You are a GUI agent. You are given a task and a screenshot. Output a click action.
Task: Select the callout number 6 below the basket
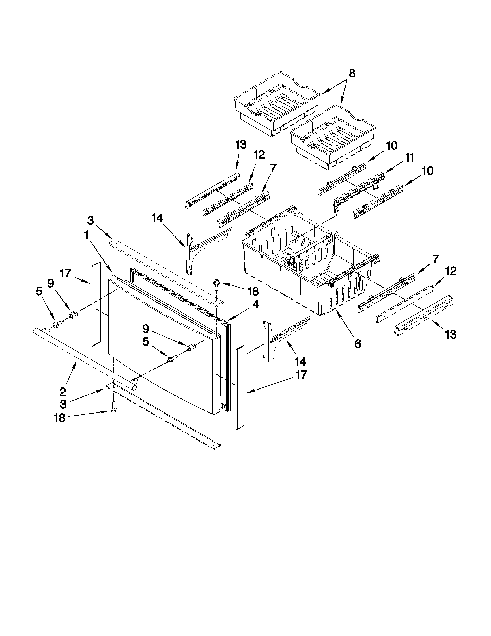358,344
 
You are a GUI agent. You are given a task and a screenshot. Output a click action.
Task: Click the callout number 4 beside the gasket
255,305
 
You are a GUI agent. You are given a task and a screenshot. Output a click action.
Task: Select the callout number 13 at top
240,145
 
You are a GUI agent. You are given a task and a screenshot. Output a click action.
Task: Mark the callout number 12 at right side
450,271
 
